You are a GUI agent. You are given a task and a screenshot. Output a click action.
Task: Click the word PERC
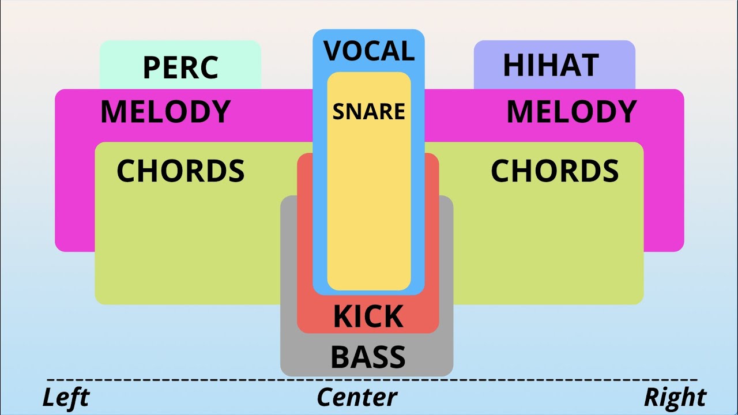click(180, 67)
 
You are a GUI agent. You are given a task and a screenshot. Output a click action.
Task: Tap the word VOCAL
click(369, 51)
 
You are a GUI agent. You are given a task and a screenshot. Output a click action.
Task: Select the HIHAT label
click(551, 65)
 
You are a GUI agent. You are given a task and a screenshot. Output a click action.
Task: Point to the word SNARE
click(368, 111)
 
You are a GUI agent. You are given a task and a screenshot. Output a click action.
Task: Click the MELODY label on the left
click(165, 112)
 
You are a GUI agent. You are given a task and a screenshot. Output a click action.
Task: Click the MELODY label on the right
click(571, 112)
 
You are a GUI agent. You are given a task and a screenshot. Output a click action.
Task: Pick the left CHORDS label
click(180, 171)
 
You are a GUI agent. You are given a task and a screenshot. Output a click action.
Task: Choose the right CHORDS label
click(555, 171)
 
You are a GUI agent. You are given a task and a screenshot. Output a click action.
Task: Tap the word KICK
click(368, 316)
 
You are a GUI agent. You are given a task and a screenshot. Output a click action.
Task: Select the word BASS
click(368, 357)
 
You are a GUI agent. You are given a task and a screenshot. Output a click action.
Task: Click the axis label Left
click(66, 397)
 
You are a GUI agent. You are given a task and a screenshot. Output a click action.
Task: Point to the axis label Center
click(357, 397)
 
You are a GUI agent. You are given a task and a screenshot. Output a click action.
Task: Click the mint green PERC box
click(180, 65)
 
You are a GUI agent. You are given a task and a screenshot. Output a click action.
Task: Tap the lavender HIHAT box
click(555, 65)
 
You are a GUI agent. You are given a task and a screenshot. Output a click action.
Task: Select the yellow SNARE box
click(369, 181)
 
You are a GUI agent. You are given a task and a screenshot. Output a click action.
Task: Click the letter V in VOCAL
click(333, 51)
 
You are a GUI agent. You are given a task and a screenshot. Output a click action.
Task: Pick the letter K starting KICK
click(342, 316)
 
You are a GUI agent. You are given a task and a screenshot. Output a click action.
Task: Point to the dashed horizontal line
click(372, 380)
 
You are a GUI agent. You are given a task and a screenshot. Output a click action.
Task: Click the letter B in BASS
click(340, 357)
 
